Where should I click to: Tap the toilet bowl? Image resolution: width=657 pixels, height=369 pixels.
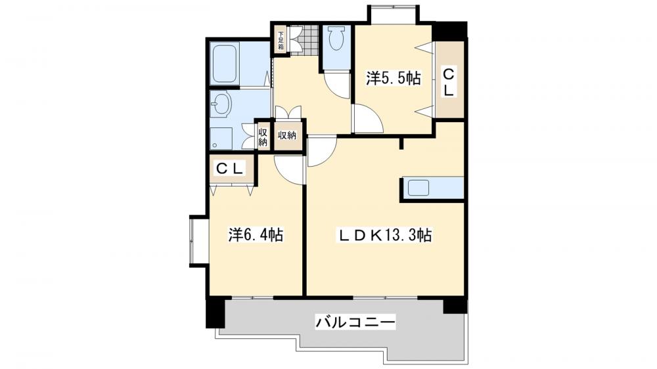tap(336, 40)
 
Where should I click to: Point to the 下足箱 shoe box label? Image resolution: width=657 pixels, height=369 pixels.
tap(281, 40)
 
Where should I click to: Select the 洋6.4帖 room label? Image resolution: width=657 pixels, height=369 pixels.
tap(256, 234)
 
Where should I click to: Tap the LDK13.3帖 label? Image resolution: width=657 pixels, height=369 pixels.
tap(384, 234)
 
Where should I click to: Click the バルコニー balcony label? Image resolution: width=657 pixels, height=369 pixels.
tap(355, 322)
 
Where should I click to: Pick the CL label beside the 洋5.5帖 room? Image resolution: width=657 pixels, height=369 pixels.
tap(449, 81)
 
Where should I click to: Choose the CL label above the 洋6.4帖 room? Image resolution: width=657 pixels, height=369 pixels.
tap(231, 169)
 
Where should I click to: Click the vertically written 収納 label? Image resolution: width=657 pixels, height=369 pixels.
tap(263, 137)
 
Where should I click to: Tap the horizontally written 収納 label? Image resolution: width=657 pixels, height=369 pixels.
tap(286, 135)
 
